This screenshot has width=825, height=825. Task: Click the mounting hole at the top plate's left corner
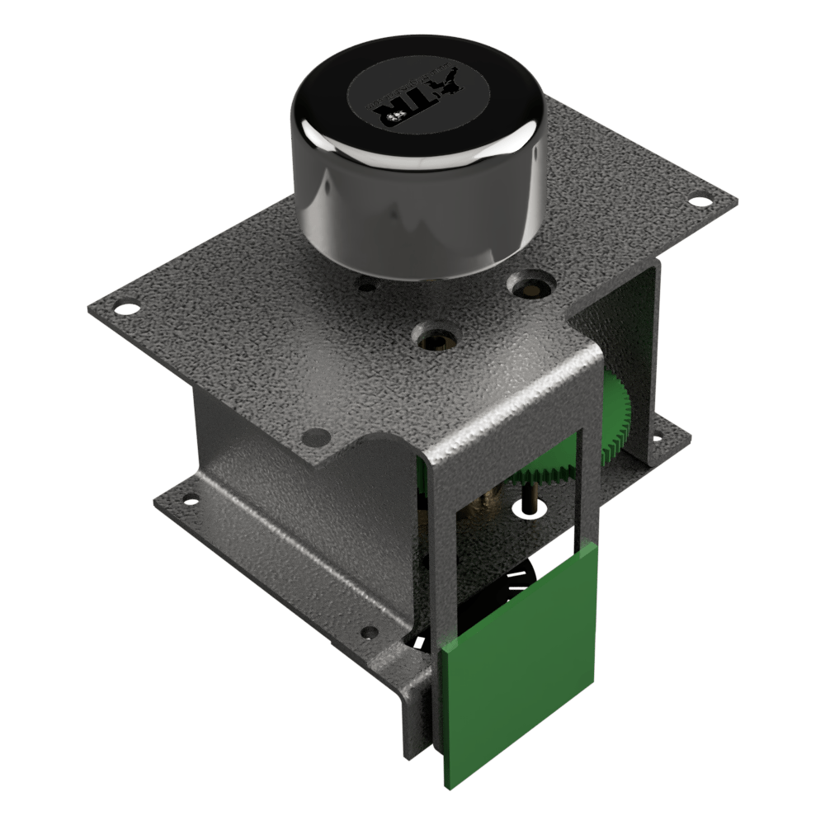pyautogui.click(x=126, y=309)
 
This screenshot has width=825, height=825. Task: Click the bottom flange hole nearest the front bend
pyautogui.click(x=370, y=633)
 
